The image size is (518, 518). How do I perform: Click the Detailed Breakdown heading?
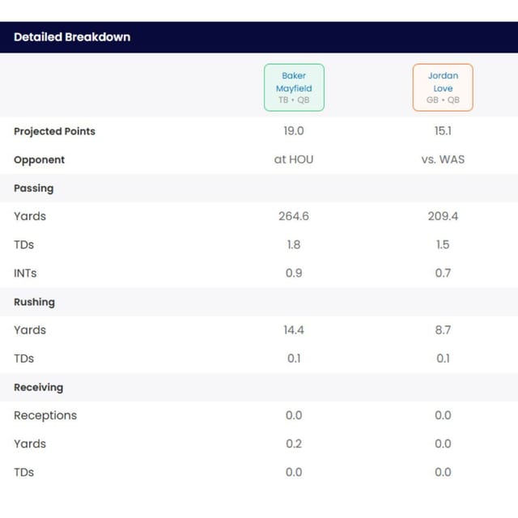click(72, 37)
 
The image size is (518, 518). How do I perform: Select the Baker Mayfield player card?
click(294, 87)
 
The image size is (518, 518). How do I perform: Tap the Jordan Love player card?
click(443, 87)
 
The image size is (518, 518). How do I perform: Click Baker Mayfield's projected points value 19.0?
click(294, 131)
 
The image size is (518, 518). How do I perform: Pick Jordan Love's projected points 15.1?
click(443, 131)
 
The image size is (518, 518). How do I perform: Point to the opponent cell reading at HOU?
click(294, 159)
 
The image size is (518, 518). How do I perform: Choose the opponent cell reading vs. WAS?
click(443, 159)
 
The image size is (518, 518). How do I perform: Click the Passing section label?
click(34, 189)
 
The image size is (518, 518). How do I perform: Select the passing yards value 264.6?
click(294, 216)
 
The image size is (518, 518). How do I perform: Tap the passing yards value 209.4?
click(443, 216)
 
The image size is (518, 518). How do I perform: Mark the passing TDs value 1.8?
click(294, 244)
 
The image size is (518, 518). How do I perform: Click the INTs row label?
click(25, 274)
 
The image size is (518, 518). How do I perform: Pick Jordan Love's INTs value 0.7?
click(443, 273)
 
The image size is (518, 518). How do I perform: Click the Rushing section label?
click(34, 302)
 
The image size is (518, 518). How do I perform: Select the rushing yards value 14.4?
click(294, 329)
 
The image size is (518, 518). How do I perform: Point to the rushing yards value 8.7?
click(443, 329)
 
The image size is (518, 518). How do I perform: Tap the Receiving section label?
click(38, 387)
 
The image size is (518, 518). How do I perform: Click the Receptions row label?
click(45, 415)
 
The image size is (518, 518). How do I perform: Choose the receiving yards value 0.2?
click(294, 444)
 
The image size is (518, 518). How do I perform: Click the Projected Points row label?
click(54, 131)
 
